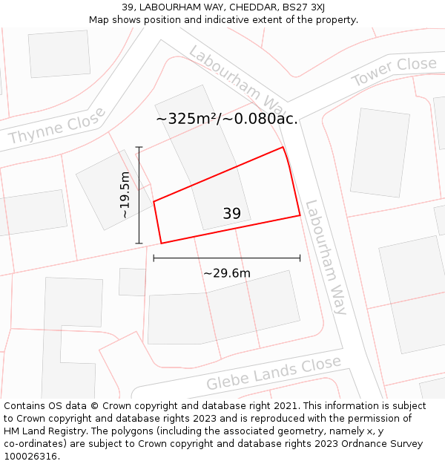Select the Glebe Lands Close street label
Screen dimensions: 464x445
(x=274, y=373)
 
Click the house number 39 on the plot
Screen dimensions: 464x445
(x=231, y=214)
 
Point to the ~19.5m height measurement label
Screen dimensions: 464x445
(x=125, y=195)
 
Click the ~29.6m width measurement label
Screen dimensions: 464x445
(x=227, y=273)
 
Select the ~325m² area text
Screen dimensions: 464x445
(x=185, y=118)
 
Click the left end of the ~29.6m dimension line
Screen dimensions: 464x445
(x=154, y=258)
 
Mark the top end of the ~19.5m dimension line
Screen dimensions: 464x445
(x=139, y=148)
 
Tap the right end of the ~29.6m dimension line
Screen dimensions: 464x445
(x=300, y=258)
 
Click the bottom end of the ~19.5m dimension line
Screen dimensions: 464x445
(x=139, y=243)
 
